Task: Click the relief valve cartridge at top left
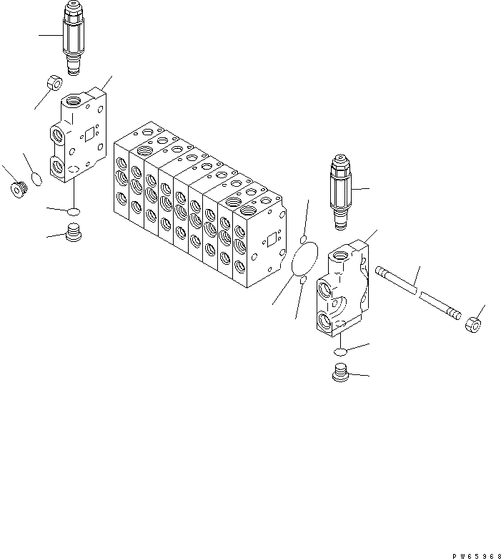coord(74,37)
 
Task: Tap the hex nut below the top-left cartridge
coord(52,83)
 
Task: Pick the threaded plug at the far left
coord(18,190)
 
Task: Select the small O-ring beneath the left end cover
coord(74,210)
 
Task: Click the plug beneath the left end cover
coord(74,233)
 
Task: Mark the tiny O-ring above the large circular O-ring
coord(304,238)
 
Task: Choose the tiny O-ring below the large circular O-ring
coord(302,281)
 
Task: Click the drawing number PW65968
coord(475,553)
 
